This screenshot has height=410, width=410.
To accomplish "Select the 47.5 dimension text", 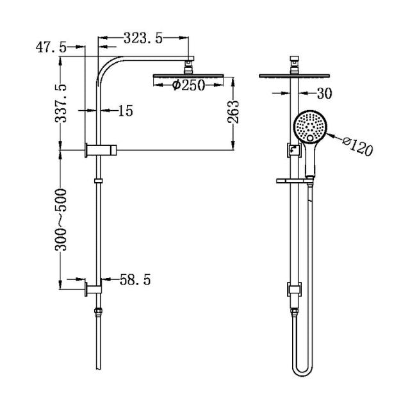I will [51, 48].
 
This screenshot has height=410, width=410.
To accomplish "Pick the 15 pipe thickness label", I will [125, 111].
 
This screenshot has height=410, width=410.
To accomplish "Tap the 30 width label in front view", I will [324, 94].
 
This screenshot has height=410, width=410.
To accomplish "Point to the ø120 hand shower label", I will [356, 147].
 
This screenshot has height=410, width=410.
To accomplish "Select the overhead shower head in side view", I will [189, 78].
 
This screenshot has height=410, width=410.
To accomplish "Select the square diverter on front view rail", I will [293, 151].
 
